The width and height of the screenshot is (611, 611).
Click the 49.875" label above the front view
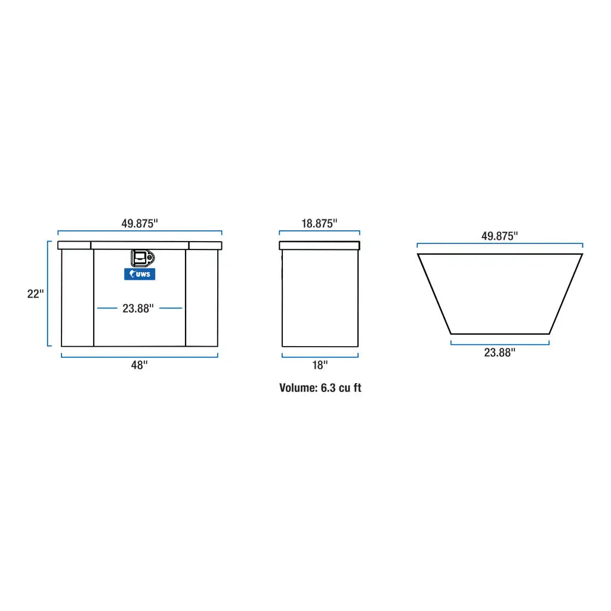pyautogui.click(x=139, y=224)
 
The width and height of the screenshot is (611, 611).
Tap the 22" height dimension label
pyautogui.click(x=36, y=294)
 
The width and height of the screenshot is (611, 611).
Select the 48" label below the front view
pyautogui.click(x=139, y=366)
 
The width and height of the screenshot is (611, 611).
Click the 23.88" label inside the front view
pyautogui.click(x=138, y=308)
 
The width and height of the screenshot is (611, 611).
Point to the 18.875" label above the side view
pyautogui.click(x=319, y=224)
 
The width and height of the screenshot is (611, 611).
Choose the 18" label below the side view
pyautogui.click(x=320, y=365)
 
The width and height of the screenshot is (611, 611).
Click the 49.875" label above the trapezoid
pyautogui.click(x=499, y=236)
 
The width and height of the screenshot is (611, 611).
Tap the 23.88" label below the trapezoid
pyautogui.click(x=499, y=353)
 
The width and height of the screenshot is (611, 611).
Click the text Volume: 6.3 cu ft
pyautogui.click(x=320, y=388)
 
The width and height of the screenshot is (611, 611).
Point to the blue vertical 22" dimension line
pyautogui.click(x=48, y=294)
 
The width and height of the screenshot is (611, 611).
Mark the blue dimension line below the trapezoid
pyautogui.click(x=499, y=343)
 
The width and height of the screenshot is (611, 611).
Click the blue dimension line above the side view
pyautogui.click(x=319, y=232)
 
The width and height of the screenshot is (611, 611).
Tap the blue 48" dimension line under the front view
pyautogui.click(x=139, y=356)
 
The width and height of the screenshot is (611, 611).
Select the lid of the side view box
pyautogui.click(x=319, y=245)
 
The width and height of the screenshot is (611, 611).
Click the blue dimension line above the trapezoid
pyautogui.click(x=499, y=244)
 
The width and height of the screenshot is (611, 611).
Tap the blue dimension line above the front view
pyautogui.click(x=139, y=232)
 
